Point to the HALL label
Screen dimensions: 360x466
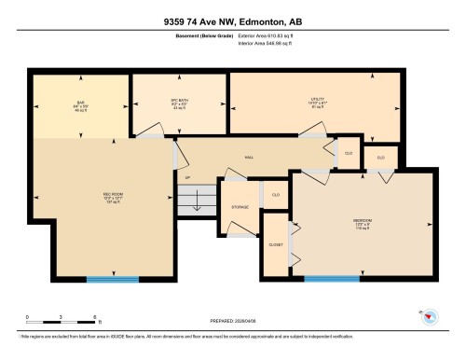click(x=249, y=158)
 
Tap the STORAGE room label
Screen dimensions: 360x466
click(x=240, y=220)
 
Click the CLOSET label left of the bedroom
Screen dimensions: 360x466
click(x=276, y=243)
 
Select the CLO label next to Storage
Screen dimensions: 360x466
click(x=275, y=194)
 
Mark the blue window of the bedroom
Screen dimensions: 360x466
click(x=333, y=278)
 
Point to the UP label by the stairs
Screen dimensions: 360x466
click(x=187, y=177)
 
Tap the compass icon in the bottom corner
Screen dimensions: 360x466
click(x=430, y=318)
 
